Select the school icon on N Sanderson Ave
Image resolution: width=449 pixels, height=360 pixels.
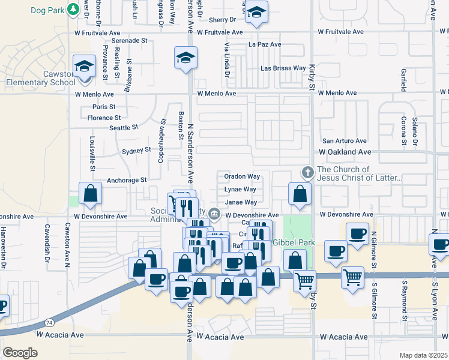(185, 58)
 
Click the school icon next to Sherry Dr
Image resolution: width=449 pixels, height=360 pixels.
(256, 13)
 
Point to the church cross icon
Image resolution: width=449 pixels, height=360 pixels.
(307, 173)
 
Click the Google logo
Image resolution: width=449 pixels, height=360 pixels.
(20, 352)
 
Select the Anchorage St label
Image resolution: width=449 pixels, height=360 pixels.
(127, 180)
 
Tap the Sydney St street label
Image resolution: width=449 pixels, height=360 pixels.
(136, 151)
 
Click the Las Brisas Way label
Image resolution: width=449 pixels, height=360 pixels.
(283, 68)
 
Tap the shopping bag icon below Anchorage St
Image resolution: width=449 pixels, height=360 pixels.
(90, 193)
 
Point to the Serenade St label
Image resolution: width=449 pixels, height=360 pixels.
(124, 40)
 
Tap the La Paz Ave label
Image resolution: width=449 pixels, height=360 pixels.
(265, 45)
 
